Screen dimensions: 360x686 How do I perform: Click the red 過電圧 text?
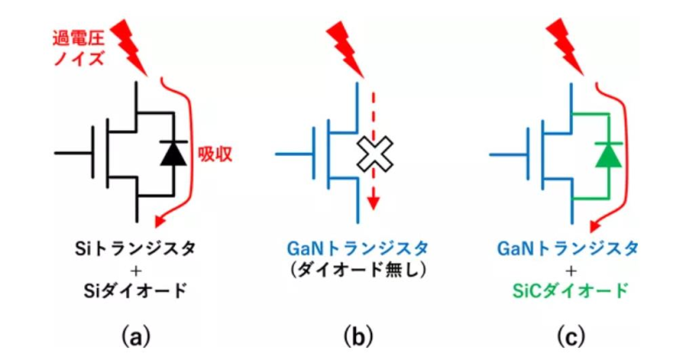coord(78,38)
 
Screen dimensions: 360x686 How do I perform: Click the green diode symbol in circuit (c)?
coord(609,154)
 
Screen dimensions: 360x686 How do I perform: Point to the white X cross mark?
coord(373,154)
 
